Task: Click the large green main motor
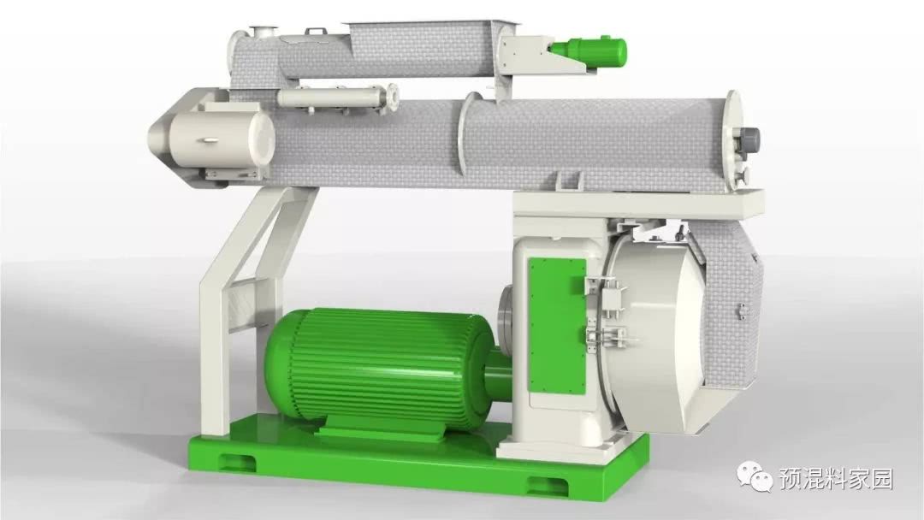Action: (x=377, y=368)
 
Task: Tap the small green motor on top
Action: (x=589, y=50)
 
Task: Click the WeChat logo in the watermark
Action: (x=753, y=475)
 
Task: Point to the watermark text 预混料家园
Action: (x=836, y=478)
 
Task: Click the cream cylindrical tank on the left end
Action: (x=221, y=139)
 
